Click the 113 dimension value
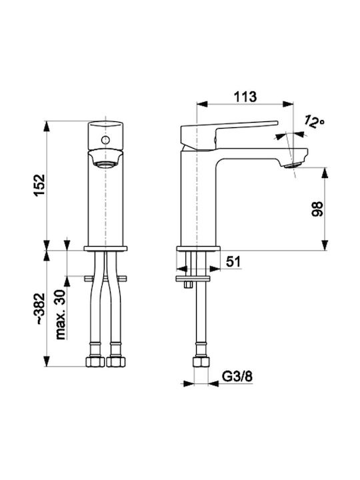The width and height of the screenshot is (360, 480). pos(245,97)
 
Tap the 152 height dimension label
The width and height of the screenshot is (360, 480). pos(39,185)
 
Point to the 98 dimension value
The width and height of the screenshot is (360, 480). pos(317,209)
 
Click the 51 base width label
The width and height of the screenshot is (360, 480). pos(233,262)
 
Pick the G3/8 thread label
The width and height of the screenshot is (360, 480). pos(237,377)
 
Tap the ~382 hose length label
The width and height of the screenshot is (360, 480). pos(39,309)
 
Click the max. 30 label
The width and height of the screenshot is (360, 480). pos(61,315)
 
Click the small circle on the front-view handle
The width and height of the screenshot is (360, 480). pos(105,140)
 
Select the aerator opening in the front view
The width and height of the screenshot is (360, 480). pos(105,165)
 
